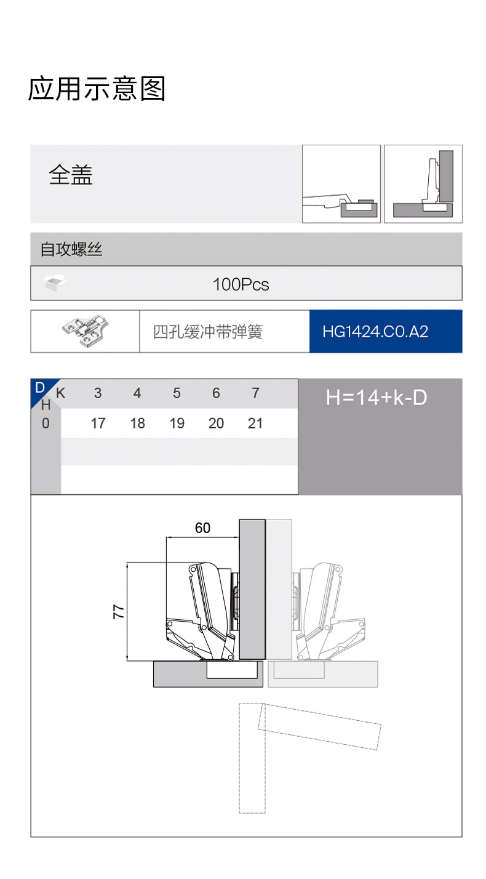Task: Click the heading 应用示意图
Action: [x=97, y=89]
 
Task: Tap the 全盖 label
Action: [x=71, y=175]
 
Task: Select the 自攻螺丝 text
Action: [x=71, y=249]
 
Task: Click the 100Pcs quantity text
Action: [x=241, y=284]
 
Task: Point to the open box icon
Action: [x=55, y=283]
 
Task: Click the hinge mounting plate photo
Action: [x=85, y=331]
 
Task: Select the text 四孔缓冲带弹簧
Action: [x=208, y=332]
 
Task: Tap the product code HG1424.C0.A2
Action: [x=375, y=332]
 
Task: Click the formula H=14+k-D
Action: [x=376, y=398]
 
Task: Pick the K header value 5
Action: [x=177, y=393]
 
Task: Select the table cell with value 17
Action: [x=98, y=423]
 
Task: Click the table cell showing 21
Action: [x=255, y=423]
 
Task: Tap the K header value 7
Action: [x=256, y=393]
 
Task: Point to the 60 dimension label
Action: [x=203, y=528]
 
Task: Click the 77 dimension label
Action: [x=119, y=612]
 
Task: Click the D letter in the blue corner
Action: [x=40, y=388]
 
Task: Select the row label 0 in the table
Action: [x=46, y=423]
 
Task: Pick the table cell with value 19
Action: [x=177, y=423]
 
